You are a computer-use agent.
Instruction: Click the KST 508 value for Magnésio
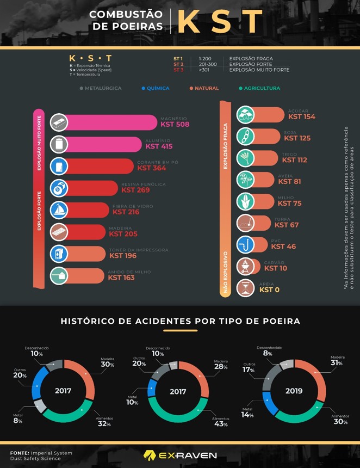pyautogui.click(x=173, y=124)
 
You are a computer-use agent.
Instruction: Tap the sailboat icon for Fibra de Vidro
pyautogui.click(x=59, y=210)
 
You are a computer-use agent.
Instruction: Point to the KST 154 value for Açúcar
pyautogui.click(x=302, y=116)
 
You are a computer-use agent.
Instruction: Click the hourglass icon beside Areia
pyautogui.click(x=246, y=287)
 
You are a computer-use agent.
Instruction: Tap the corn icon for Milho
pyautogui.click(x=246, y=201)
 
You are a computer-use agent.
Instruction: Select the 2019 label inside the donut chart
pyautogui.click(x=294, y=391)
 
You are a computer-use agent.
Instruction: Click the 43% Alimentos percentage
pyautogui.click(x=221, y=424)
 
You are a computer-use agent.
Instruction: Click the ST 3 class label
pyautogui.click(x=178, y=70)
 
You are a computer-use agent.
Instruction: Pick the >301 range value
pyautogui.click(x=204, y=70)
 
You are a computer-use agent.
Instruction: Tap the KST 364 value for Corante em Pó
pyautogui.click(x=151, y=168)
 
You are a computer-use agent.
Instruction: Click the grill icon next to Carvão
pyautogui.click(x=246, y=266)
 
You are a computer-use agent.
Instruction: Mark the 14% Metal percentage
pyautogui.click(x=247, y=415)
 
